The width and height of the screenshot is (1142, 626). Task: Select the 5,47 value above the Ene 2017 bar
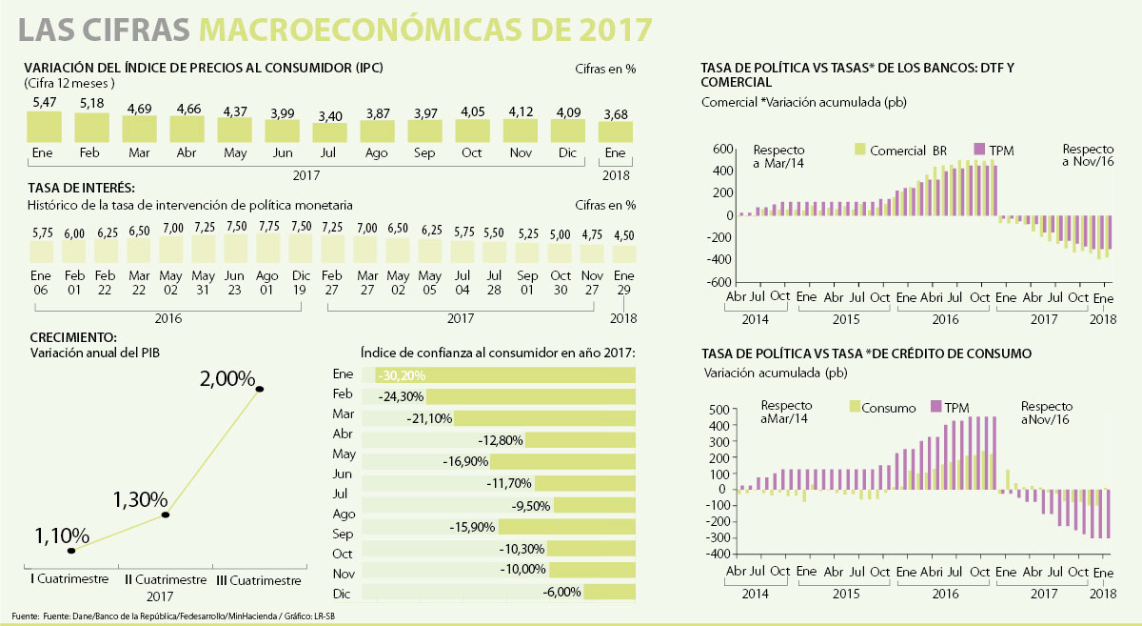(44, 102)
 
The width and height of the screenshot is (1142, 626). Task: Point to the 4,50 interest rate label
(623, 235)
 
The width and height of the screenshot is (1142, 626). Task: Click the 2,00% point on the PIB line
(260, 389)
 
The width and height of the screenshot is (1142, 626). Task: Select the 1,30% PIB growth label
(140, 498)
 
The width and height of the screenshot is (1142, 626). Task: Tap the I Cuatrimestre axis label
(60, 579)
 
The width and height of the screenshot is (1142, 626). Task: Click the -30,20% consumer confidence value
(401, 374)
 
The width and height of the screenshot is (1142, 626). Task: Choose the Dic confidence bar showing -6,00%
(610, 593)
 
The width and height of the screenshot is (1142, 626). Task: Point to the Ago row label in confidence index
(344, 514)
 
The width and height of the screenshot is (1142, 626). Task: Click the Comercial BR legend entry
(901, 150)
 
